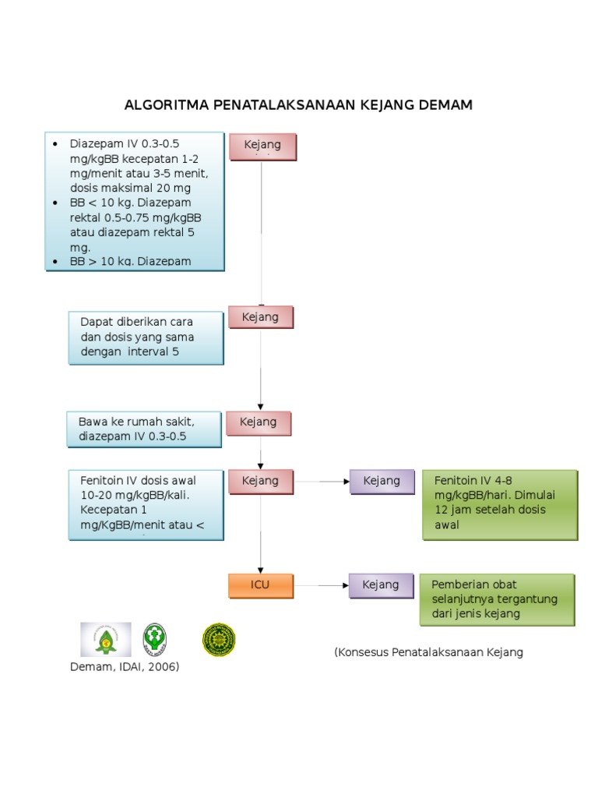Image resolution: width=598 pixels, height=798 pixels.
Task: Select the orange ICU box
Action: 261,585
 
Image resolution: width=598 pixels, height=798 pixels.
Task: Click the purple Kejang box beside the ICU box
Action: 381,585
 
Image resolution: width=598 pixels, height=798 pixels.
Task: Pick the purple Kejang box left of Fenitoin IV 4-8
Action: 382,482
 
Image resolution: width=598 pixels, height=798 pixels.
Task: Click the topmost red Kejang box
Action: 262,146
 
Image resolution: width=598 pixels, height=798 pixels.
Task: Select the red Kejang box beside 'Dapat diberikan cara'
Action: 260,317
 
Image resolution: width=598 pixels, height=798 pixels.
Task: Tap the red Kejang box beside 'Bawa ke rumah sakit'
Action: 259,422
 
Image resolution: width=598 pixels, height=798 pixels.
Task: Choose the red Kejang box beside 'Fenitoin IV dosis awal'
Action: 260,482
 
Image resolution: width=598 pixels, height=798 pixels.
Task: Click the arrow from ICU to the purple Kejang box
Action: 321,585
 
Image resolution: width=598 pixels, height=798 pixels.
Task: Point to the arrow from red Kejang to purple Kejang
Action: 321,482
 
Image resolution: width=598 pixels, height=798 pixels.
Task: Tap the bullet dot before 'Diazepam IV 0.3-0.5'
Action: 55,145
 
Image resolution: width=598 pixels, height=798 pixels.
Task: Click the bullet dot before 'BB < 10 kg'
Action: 55,203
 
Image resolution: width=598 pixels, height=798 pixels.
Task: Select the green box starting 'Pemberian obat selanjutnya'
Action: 497,599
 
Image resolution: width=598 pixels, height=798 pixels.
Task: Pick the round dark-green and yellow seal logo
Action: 219,639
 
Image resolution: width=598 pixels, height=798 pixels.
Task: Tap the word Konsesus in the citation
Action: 364,652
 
